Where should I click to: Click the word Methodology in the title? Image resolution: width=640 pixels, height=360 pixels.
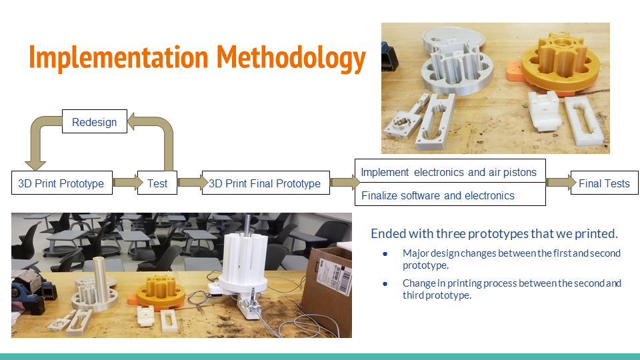(x=291, y=58)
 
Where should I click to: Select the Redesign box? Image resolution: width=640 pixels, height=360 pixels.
(x=94, y=122)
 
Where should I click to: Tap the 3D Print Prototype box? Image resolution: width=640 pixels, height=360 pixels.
(x=61, y=183)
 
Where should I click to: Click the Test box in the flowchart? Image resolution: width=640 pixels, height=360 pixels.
(x=157, y=183)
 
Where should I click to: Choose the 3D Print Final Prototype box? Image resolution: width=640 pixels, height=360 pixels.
(x=265, y=183)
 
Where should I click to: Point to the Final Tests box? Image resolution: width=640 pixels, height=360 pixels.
(x=604, y=183)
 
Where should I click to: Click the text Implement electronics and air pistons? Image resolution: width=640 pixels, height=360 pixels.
(x=449, y=172)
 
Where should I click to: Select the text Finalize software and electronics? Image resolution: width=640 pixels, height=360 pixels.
(x=438, y=195)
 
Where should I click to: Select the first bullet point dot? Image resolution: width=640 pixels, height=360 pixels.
(x=385, y=254)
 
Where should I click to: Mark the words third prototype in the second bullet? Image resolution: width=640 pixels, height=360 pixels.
(x=437, y=295)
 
